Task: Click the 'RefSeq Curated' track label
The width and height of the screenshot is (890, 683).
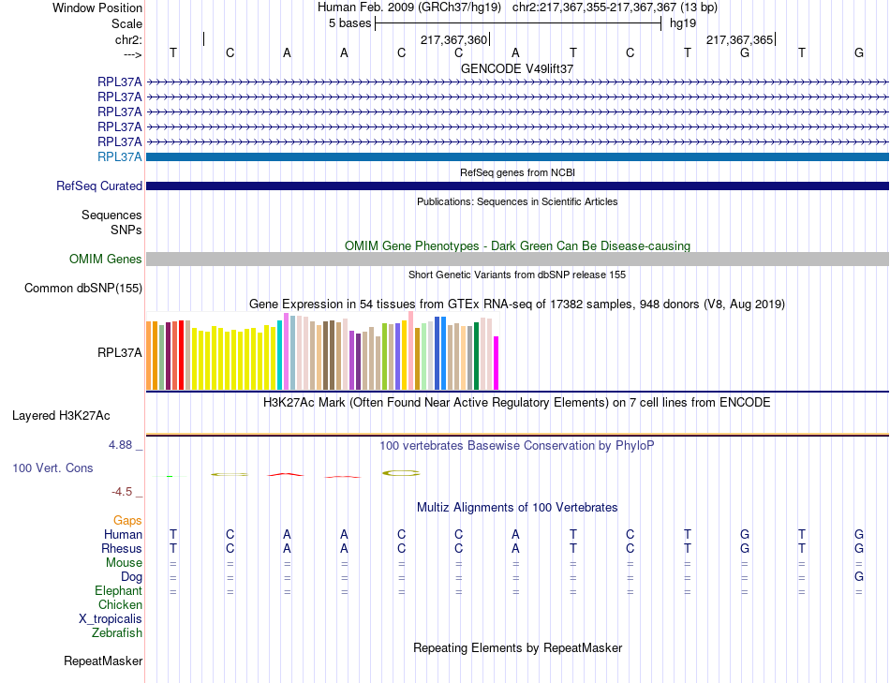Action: coord(98,186)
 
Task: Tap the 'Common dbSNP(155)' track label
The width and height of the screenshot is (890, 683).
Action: coord(82,289)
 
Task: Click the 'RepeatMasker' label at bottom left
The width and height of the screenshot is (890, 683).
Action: coord(103,661)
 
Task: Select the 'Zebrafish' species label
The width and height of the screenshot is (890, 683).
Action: coord(117,633)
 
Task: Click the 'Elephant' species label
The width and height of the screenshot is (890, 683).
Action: coord(118,591)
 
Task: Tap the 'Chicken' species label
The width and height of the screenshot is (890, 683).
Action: coord(120,605)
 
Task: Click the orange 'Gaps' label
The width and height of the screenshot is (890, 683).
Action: coord(127,520)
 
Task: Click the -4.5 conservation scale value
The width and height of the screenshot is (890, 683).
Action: coord(126,492)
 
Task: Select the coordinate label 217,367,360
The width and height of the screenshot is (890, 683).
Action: coord(453,40)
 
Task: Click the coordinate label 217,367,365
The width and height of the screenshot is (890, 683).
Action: coord(739,40)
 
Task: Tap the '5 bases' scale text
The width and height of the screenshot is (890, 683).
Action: coord(349,23)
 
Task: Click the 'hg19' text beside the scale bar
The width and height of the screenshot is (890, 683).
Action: coord(683,23)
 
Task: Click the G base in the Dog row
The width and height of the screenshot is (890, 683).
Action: coord(859,577)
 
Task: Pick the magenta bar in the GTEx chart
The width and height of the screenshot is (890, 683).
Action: coord(497,363)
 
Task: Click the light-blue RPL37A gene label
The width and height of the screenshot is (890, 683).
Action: coord(120,156)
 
